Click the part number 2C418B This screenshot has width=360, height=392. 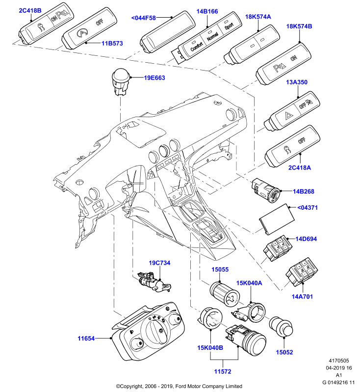coord(30,10)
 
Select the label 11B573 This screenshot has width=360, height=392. coord(112,43)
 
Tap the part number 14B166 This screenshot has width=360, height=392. coord(207,11)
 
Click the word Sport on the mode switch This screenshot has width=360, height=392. coord(229,26)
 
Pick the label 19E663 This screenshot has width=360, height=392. coord(154,78)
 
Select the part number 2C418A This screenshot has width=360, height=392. coord(300,168)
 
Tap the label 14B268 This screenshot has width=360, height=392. coord(304,191)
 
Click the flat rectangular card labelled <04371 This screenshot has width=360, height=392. coord(277,219)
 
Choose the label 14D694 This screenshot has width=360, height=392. coord(306,239)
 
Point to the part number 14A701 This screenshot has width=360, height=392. coord(302,296)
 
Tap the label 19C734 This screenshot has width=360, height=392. coord(159,263)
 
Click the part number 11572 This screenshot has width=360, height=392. coord(223,371)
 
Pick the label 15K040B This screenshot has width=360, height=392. coord(210,348)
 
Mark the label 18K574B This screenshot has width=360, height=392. coord(299,26)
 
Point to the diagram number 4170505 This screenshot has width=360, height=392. coord(339,361)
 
